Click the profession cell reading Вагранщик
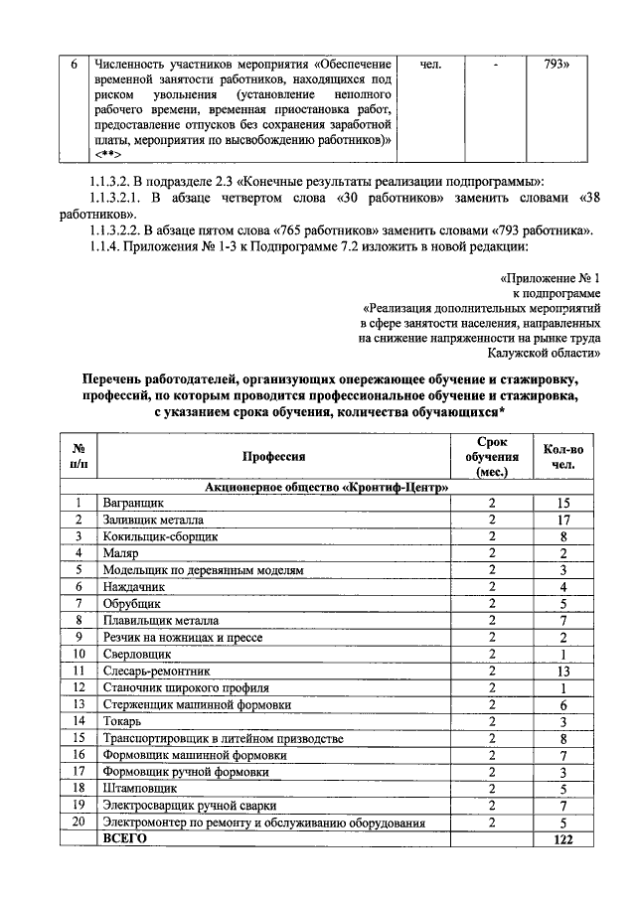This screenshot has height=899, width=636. pyautogui.click(x=131, y=504)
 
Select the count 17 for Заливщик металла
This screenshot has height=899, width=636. pyautogui.click(x=562, y=520)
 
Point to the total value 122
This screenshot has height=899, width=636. pyautogui.click(x=562, y=839)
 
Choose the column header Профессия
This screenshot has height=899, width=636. pyautogui.click(x=273, y=456)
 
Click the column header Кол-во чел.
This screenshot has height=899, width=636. pyautogui.click(x=562, y=456)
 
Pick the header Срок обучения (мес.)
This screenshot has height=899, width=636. pyautogui.click(x=491, y=456)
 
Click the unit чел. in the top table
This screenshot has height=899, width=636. pyautogui.click(x=431, y=65)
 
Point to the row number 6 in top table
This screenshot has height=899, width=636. pyautogui.click(x=73, y=65)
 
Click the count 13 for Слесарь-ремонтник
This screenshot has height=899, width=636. pyautogui.click(x=562, y=672)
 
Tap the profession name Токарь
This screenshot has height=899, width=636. pyautogui.click(x=123, y=722)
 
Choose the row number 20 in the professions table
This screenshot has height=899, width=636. pyautogui.click(x=77, y=823)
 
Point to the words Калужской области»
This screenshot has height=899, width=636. pyautogui.click(x=545, y=352)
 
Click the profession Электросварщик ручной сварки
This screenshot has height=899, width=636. pyautogui.click(x=183, y=806)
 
